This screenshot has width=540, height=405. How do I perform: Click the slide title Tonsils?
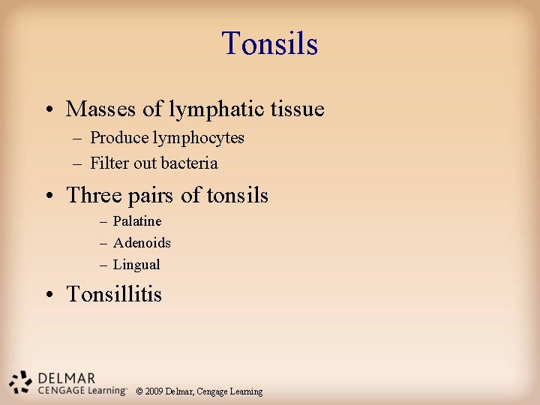click(x=270, y=43)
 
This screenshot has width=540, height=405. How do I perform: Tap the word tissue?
click(x=298, y=109)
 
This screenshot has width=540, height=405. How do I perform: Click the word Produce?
click(x=119, y=138)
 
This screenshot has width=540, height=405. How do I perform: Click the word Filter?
click(x=109, y=163)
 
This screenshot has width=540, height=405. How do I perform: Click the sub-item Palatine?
click(x=137, y=221)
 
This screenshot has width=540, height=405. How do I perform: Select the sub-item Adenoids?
click(x=142, y=243)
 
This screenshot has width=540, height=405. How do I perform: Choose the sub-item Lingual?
click(x=136, y=265)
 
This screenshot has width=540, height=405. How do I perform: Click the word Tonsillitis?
click(x=114, y=294)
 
